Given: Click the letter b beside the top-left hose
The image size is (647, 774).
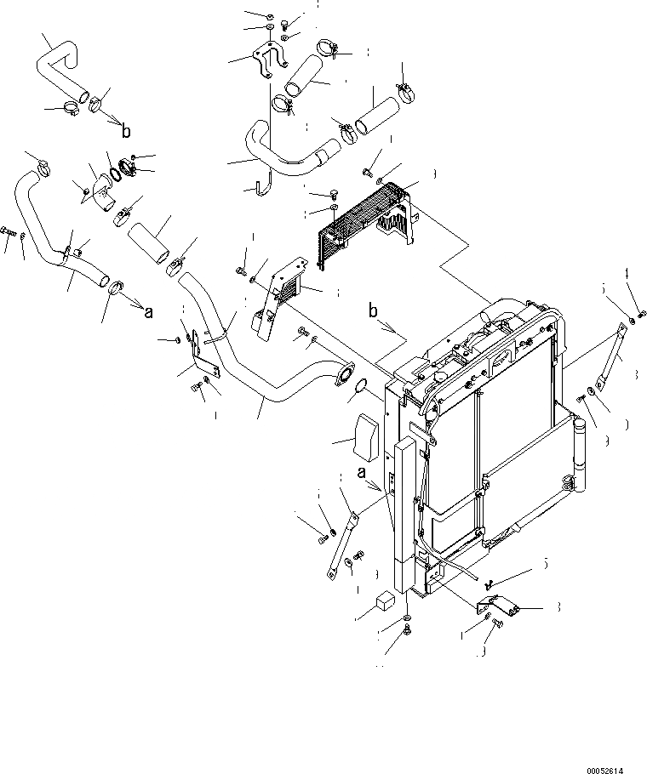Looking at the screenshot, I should (x=126, y=131).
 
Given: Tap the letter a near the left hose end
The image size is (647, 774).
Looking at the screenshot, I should (x=148, y=312).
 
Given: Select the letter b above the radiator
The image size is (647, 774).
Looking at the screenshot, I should (x=373, y=310).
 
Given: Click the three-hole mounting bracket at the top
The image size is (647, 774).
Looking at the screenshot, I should (x=266, y=64).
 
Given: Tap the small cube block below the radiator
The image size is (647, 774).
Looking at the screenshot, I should (x=384, y=605).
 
